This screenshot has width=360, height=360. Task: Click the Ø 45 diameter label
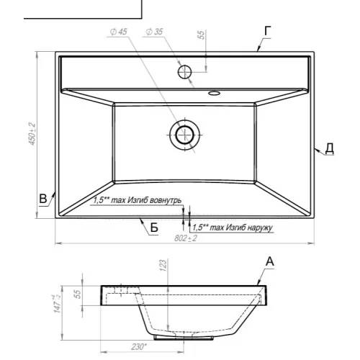[119, 32]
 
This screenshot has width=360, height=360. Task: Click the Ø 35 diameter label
[154, 32]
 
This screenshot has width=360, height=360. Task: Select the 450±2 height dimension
[32, 134]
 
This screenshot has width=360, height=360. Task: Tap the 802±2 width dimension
[186, 238]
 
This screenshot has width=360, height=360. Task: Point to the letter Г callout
[268, 31]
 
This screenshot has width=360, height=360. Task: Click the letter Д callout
[330, 148]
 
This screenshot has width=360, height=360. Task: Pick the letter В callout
[43, 199]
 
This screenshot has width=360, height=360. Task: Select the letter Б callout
[154, 227]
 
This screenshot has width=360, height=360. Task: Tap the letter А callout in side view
[270, 261]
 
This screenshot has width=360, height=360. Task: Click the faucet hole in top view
[184, 72]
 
